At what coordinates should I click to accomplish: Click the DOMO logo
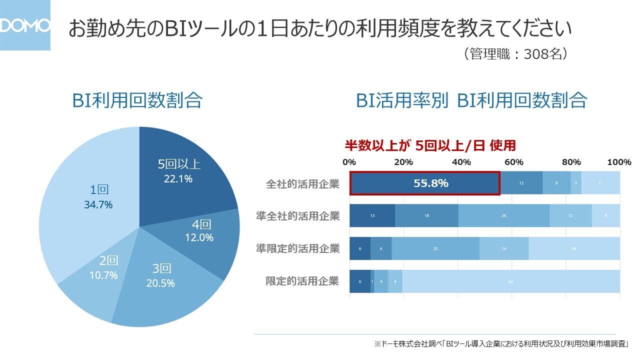[x=25, y=25]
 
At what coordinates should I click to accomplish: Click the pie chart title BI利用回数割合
[x=137, y=100]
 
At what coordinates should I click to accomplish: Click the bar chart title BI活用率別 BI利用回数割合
[x=471, y=100]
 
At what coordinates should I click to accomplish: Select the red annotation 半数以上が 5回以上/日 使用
[x=430, y=145]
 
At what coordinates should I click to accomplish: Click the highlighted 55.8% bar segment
[x=424, y=183]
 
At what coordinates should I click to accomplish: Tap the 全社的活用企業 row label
[x=302, y=184]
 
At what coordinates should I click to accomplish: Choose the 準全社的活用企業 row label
[x=298, y=216]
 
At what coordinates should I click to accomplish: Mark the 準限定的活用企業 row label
[x=298, y=248]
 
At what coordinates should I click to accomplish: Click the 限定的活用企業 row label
[x=302, y=281]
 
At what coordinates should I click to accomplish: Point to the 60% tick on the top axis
[x=513, y=162]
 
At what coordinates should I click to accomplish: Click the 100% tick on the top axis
[x=619, y=162]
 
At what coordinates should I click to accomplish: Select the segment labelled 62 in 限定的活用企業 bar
[x=511, y=281]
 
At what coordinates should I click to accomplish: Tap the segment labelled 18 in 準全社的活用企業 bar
[x=426, y=216]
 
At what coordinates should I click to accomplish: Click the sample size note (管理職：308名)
[x=516, y=54]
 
